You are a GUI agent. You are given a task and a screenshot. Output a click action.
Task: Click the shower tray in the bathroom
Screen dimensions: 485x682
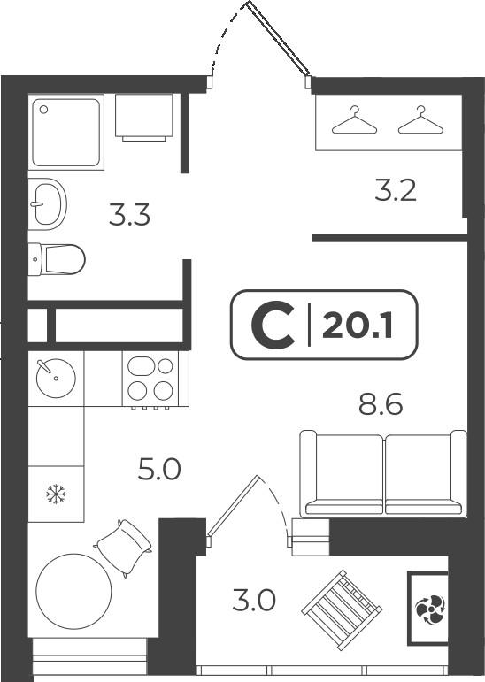tap(66, 132)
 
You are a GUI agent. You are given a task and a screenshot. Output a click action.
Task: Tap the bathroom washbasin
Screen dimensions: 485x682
tap(48, 203)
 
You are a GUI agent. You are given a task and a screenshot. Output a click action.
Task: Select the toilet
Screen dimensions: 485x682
tap(57, 259)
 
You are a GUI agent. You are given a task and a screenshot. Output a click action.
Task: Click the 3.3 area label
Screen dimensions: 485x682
tap(129, 215)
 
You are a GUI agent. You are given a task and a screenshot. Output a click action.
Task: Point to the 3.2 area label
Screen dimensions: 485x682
tap(396, 190)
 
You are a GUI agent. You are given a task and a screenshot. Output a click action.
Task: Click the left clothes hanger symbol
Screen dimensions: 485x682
tap(354, 120)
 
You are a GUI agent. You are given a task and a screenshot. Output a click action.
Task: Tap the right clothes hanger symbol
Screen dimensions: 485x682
tap(420, 120)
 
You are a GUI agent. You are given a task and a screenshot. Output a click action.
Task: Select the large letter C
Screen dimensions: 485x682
tap(273, 325)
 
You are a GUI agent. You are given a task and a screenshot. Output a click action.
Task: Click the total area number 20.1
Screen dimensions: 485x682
tap(358, 326)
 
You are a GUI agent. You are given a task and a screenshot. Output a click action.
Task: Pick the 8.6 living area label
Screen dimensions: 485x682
tap(381, 404)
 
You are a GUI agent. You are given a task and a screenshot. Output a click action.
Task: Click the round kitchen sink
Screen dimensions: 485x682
tap(56, 378)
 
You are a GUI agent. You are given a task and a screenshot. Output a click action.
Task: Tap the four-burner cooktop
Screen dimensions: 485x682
tap(150, 379)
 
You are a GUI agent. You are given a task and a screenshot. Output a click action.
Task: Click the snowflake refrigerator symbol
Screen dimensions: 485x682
tap(56, 494)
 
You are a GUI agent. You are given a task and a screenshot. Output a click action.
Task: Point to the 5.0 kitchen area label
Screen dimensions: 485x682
tap(159, 470)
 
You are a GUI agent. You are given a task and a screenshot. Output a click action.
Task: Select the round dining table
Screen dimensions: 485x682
tap(73, 591)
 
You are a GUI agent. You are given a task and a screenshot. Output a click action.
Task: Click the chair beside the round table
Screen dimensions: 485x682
tap(123, 547)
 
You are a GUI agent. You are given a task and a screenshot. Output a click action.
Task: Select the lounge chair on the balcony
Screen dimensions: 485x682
tap(343, 609)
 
